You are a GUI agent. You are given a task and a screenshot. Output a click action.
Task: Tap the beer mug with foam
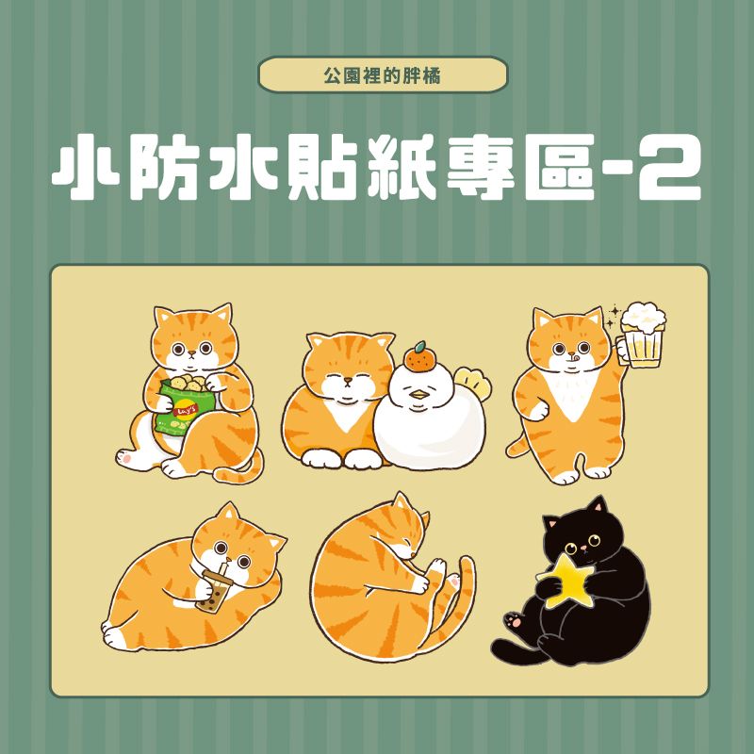643,337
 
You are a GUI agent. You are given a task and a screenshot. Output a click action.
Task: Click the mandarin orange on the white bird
418,358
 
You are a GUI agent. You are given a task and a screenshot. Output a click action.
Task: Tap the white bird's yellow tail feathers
470,383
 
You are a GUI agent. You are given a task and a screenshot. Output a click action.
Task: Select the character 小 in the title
85,173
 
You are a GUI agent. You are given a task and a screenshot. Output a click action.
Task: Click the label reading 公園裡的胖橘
383,74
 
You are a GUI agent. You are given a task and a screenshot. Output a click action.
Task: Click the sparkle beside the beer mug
614,310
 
